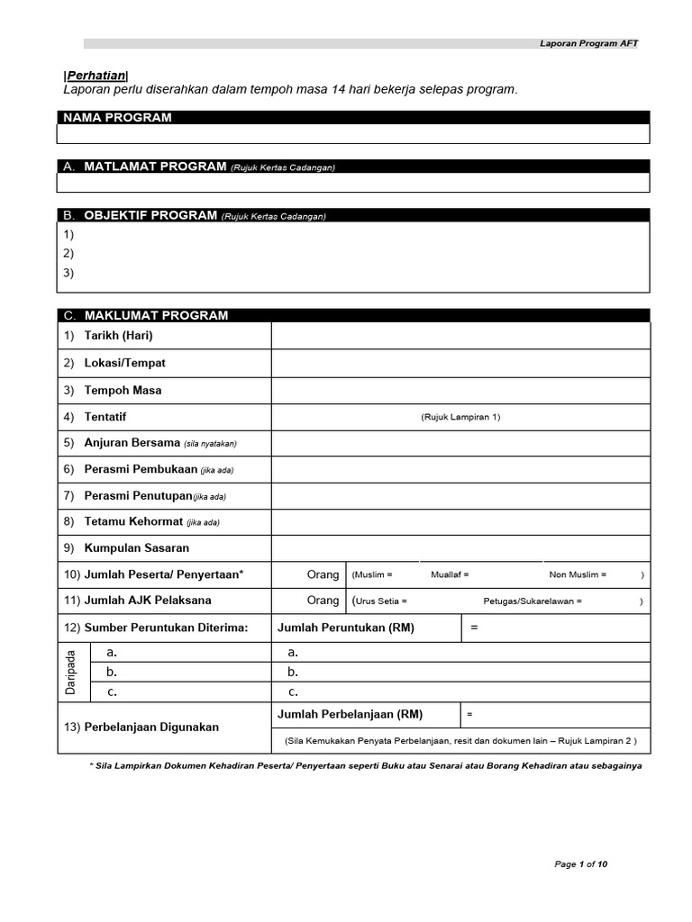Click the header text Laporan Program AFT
click(588, 43)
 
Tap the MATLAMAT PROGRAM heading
click(155, 167)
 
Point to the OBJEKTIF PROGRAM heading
click(150, 215)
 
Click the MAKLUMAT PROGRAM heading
click(156, 315)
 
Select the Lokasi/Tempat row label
click(124, 363)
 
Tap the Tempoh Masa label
click(123, 391)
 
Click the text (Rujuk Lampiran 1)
click(460, 418)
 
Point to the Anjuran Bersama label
click(132, 443)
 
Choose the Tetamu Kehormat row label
click(133, 521)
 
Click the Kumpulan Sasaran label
click(136, 547)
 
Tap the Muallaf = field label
click(450, 574)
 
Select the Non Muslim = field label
click(578, 574)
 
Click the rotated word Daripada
click(71, 671)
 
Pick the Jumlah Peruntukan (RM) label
click(346, 628)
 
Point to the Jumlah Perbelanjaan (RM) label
click(350, 714)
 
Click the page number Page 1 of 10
click(580, 864)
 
